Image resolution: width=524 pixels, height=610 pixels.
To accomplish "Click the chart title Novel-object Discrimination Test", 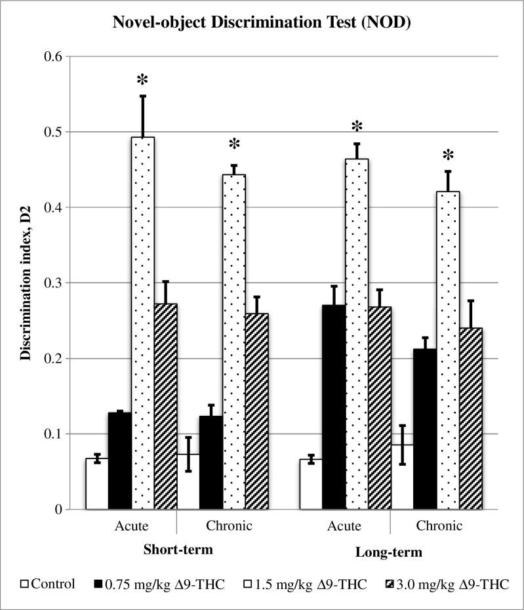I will click(262, 23).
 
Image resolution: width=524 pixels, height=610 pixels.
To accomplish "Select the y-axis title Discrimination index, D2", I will click(25, 283).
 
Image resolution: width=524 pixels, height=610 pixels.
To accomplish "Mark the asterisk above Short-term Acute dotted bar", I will click(142, 81).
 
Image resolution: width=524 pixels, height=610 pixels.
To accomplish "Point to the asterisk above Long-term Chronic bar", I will click(448, 156).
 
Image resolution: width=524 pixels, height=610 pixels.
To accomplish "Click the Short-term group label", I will click(178, 550).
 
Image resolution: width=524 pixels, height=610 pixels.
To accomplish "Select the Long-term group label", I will click(389, 552).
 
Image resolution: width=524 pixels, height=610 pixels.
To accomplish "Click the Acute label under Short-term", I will click(131, 526).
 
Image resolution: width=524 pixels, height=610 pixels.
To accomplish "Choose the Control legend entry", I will click(48, 584).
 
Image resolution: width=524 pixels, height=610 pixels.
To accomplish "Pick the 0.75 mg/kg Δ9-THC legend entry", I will click(165, 584).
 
